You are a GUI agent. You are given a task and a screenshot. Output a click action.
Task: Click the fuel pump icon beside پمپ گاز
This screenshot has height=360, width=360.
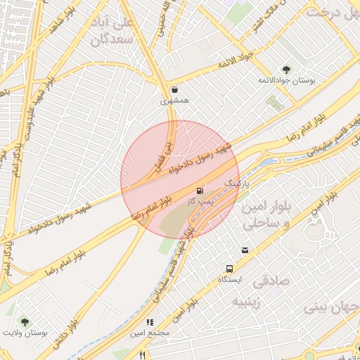(x=200, y=190)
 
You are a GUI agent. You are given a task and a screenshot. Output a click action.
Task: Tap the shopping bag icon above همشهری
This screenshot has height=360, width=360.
(x=174, y=90)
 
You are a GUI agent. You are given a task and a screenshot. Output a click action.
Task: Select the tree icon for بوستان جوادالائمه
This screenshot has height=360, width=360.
(x=286, y=69)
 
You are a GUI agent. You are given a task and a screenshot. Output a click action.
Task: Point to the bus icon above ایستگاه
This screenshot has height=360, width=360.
(x=229, y=269)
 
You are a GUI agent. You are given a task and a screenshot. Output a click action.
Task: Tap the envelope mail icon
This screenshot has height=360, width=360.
(x=245, y=250)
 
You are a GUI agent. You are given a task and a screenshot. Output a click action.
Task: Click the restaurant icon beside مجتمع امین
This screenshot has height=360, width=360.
(x=149, y=322)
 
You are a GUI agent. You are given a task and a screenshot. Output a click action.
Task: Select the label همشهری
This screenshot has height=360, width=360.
(x=174, y=102)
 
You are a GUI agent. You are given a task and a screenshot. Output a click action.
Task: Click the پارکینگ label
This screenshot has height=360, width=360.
(x=237, y=183)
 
